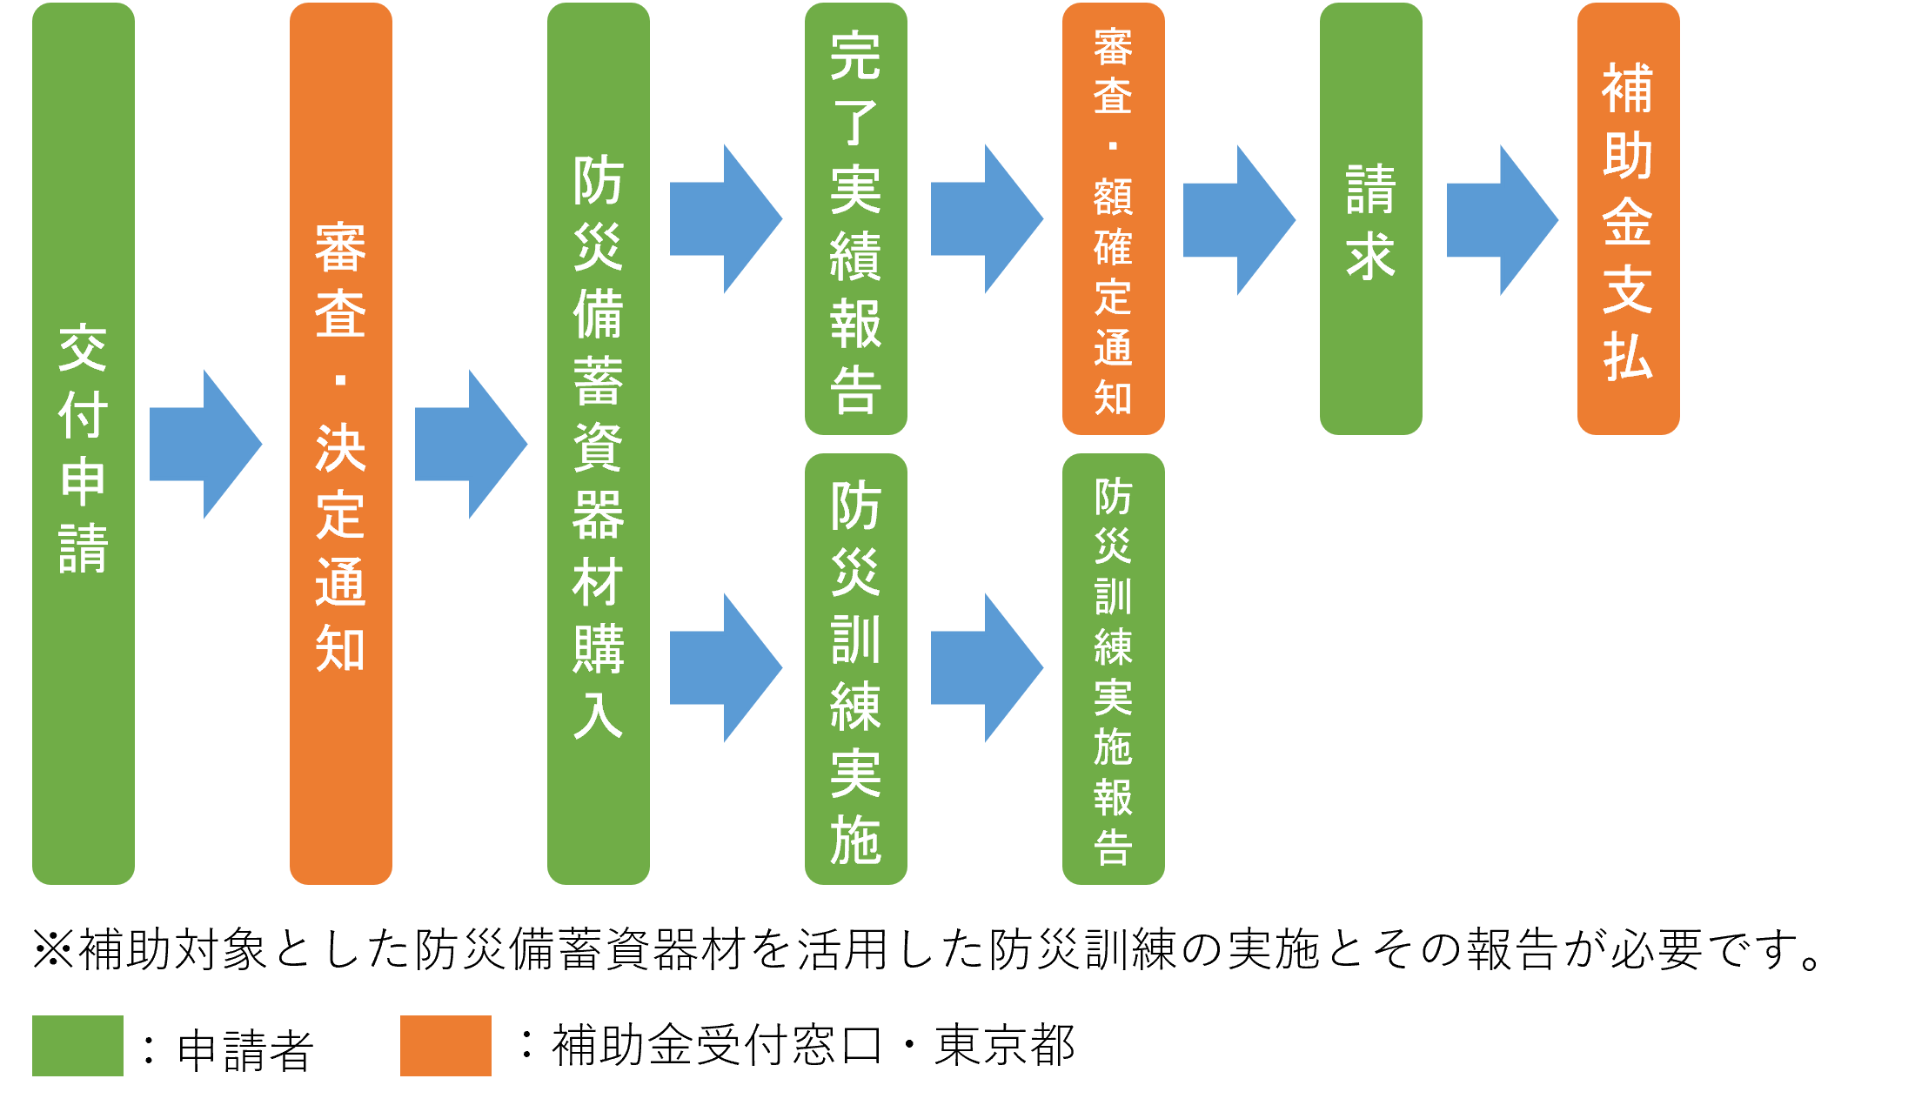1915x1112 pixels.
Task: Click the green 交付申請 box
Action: pyautogui.click(x=84, y=444)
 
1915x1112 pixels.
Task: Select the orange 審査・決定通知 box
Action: pyautogui.click(x=341, y=444)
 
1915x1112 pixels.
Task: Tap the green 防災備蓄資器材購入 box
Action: pyautogui.click(x=599, y=444)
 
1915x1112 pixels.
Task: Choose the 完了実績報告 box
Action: pyautogui.click(x=856, y=218)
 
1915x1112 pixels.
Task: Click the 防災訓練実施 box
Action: pyautogui.click(x=856, y=668)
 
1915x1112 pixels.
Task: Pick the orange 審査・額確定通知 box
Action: pyautogui.click(x=1114, y=218)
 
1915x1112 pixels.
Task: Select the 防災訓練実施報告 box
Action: pyautogui.click(x=1114, y=668)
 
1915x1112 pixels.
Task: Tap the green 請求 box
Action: pyautogui.click(x=1371, y=218)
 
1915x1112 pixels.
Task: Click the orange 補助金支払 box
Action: pyautogui.click(x=1629, y=218)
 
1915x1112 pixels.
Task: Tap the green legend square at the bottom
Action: pyautogui.click(x=77, y=1045)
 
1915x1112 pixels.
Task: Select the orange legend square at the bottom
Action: pyautogui.click(x=445, y=1045)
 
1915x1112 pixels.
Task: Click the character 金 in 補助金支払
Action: pyautogui.click(x=1628, y=221)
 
